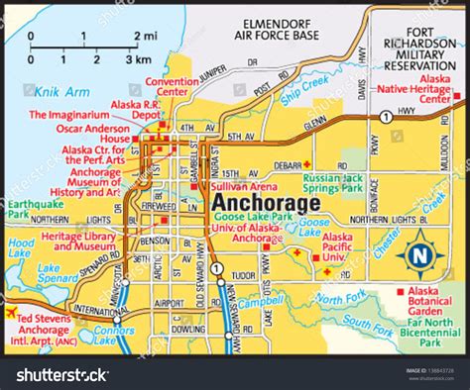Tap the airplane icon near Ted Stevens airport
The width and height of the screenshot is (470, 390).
[12, 313]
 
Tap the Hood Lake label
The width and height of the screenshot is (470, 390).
[20, 247]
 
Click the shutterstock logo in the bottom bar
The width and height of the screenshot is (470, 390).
[58, 374]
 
